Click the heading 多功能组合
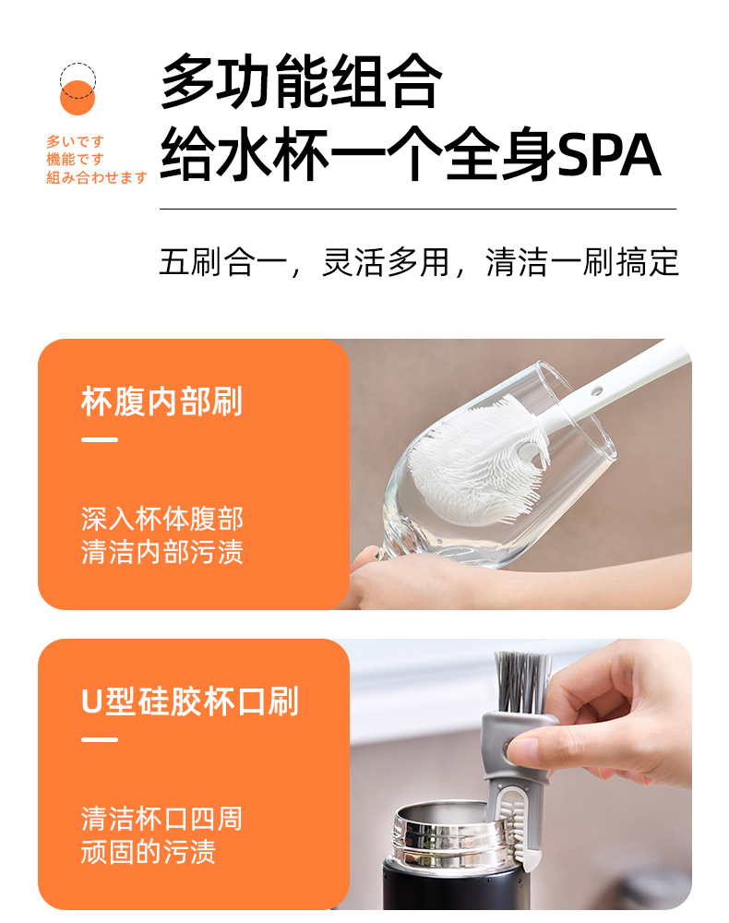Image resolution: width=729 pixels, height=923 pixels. [x=301, y=80]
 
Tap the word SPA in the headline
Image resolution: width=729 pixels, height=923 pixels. [x=609, y=155]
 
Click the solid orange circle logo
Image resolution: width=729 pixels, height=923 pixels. [x=78, y=98]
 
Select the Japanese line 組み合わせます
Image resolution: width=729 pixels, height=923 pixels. [x=97, y=177]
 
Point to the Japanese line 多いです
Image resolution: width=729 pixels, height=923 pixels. [x=76, y=141]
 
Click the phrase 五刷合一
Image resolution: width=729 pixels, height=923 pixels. [x=223, y=262]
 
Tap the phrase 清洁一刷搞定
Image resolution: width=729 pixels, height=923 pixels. [x=582, y=262]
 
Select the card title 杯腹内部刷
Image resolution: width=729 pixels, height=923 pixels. [x=161, y=402]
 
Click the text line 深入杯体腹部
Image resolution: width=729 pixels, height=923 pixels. [x=161, y=519]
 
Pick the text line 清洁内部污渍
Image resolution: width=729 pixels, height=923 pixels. [x=161, y=552]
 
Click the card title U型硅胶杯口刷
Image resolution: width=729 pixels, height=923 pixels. [x=190, y=701]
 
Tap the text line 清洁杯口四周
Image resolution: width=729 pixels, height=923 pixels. [x=161, y=818]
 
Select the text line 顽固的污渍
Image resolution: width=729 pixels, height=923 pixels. [x=149, y=851]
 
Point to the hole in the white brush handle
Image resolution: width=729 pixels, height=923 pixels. [x=597, y=390]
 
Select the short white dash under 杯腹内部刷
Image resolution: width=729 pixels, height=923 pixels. [x=100, y=439]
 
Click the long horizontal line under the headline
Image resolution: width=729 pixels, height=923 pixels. [x=418, y=209]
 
